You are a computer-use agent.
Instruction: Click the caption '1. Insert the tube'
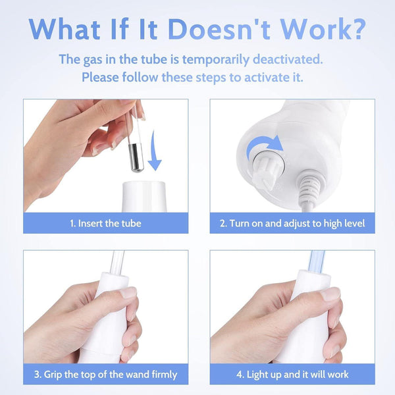[105, 223]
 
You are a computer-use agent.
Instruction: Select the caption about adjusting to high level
[292, 223]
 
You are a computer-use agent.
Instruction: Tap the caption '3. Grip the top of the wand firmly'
[105, 374]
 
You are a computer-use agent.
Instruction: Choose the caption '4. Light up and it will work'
[292, 374]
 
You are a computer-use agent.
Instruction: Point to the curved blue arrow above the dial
[264, 144]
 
